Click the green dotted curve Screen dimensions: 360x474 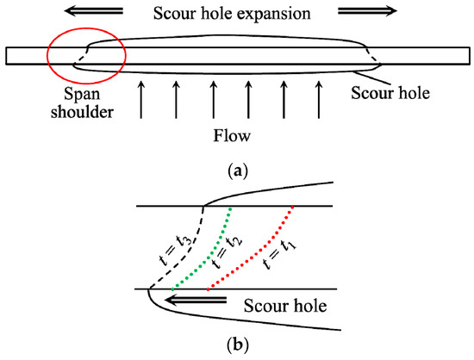pyautogui.click(x=208, y=250)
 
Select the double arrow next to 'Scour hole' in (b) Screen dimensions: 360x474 pyautogui.click(x=198, y=301)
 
